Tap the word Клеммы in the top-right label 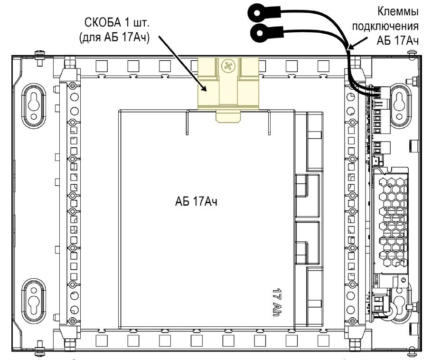tap(397, 11)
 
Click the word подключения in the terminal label tap(385, 26)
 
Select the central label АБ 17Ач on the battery tap(196, 201)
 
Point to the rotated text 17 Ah tap(277, 302)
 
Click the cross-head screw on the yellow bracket tap(228, 66)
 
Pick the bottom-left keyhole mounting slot tap(34, 301)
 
